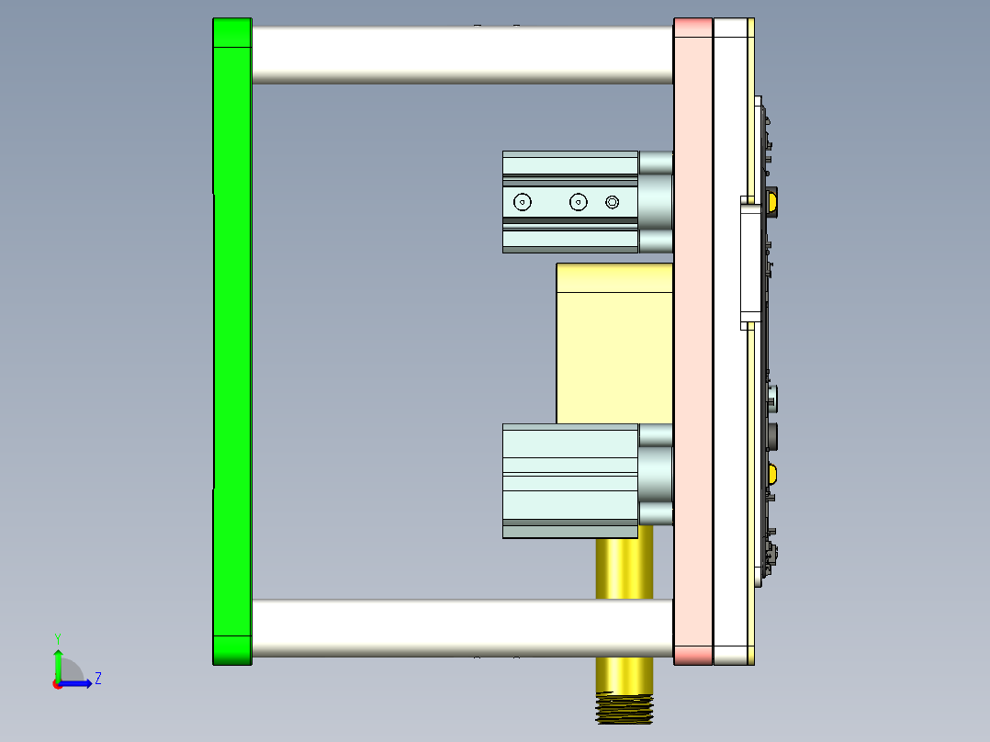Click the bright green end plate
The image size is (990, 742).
231,340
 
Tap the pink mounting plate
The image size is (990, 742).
692,340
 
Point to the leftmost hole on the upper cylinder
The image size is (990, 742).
523,202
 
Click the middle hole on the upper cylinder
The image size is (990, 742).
579,202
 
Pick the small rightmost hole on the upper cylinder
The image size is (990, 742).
613,202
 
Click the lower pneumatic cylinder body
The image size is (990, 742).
569,478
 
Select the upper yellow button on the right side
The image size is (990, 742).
772,202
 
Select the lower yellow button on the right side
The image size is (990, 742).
772,475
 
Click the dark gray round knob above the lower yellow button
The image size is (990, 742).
772,436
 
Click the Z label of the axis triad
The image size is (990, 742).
97,679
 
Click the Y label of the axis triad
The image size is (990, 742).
57,637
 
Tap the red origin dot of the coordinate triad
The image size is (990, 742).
57,683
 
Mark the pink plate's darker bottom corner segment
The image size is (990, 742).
692,656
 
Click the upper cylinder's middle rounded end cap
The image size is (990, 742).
656,202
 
